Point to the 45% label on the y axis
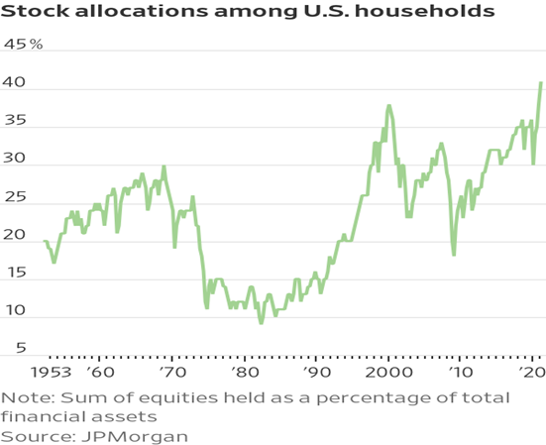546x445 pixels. click(24, 46)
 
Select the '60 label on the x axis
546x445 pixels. click(100, 375)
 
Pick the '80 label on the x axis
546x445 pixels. click(245, 375)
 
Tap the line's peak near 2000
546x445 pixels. click(389, 105)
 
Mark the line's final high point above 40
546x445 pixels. click(541, 82)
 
